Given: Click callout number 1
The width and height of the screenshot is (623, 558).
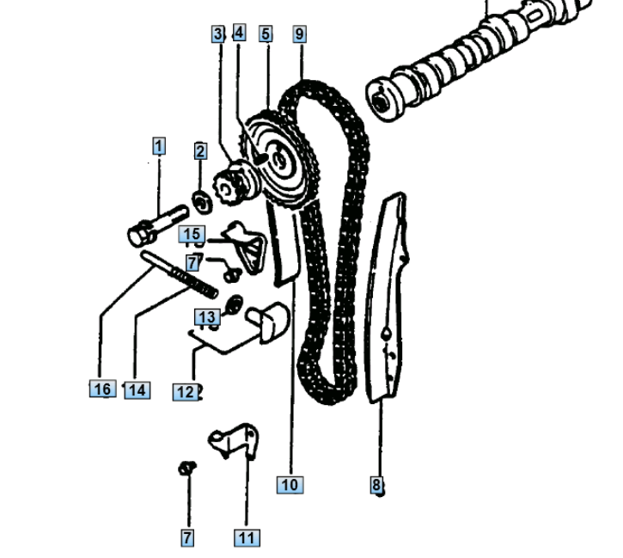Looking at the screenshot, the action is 159,146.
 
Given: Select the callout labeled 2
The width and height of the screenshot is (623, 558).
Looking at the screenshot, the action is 200,151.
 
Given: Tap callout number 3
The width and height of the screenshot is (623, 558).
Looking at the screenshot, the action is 217,34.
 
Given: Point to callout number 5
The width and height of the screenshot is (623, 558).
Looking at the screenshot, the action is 266,34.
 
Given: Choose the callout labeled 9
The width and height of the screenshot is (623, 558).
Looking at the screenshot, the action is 300,34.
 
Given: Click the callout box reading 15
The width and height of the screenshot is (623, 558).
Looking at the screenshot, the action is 192,234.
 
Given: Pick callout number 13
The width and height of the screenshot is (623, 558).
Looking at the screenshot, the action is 207,316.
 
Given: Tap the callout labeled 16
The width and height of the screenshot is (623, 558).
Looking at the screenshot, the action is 103,389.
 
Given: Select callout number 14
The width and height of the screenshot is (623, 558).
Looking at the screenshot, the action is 137,389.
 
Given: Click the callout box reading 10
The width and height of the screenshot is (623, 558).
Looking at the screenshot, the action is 290,484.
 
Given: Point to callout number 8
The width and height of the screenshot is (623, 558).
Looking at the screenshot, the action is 376,484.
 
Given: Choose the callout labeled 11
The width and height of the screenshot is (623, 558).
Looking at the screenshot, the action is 247,537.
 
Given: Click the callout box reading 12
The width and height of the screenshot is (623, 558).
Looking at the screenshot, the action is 185,392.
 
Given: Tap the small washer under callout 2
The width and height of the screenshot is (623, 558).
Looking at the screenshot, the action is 202,202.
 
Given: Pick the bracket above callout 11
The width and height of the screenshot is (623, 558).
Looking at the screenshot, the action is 235,441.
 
